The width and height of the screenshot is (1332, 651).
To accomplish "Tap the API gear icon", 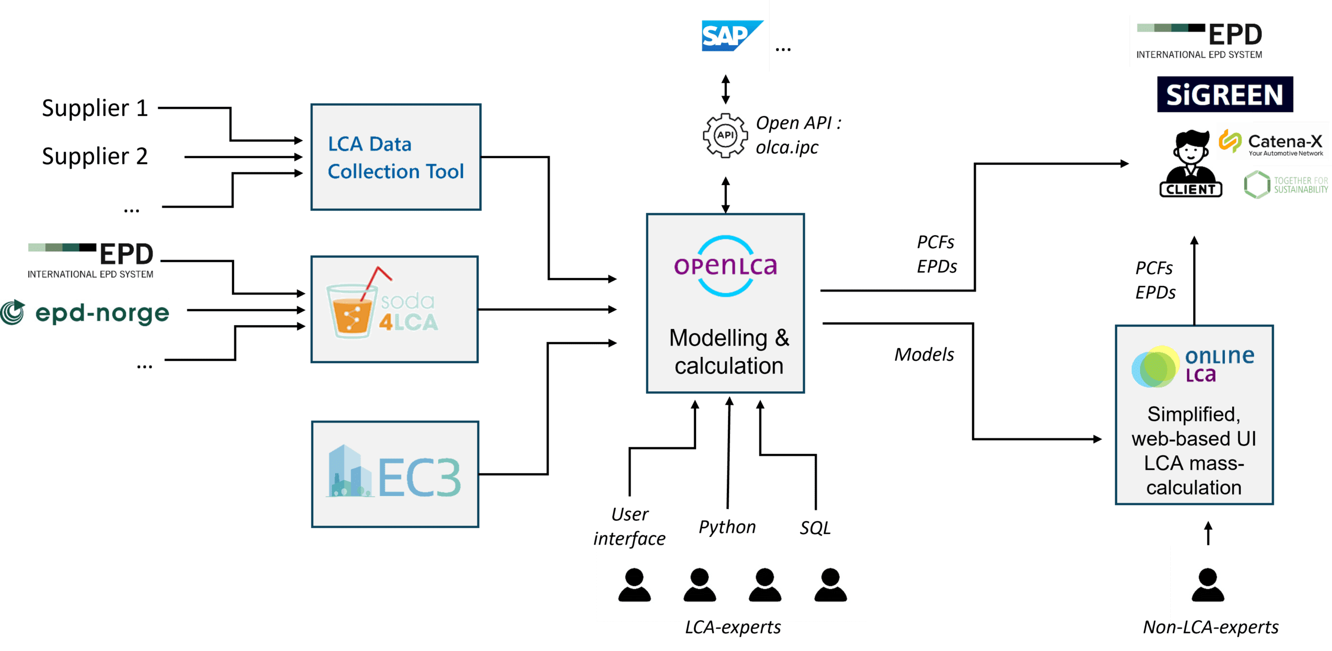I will (725, 135).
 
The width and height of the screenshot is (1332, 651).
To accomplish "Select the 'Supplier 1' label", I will (95, 108).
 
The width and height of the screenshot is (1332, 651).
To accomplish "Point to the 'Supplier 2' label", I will (95, 156).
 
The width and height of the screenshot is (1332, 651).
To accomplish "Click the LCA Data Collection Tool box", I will (395, 157).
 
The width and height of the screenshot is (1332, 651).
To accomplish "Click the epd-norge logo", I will (85, 313).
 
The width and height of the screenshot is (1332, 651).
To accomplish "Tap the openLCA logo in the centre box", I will (725, 266).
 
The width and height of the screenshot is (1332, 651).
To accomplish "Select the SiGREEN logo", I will (1225, 95).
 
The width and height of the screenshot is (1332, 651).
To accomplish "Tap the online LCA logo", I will (1193, 366).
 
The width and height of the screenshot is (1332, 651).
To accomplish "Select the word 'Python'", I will (727, 527).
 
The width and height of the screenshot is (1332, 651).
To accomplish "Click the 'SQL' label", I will (815, 528).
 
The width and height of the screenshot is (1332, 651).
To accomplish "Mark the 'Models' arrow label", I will (924, 355).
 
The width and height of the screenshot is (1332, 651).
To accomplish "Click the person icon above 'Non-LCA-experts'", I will (1208, 584).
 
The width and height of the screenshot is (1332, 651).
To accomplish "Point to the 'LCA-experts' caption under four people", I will (733, 628).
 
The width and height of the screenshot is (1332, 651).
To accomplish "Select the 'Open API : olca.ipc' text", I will (797, 135).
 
